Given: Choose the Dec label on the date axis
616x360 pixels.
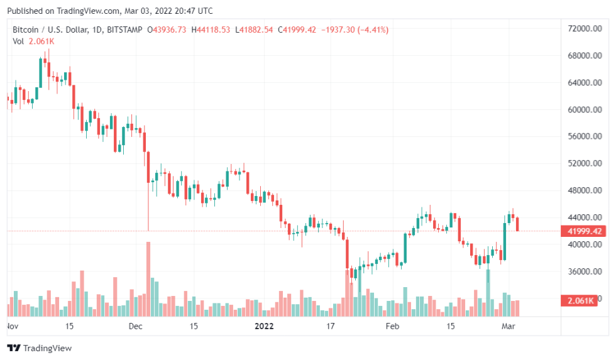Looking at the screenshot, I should pyautogui.click(x=136, y=326).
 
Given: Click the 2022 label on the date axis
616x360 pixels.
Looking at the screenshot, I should pyautogui.click(x=265, y=326).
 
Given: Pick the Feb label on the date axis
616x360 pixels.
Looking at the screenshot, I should pyautogui.click(x=392, y=326).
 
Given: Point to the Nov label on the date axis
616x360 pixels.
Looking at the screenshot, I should pyautogui.click(x=12, y=326).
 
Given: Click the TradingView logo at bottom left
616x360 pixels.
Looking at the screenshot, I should pyautogui.click(x=40, y=347).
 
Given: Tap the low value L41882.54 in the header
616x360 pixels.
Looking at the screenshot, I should pyautogui.click(x=254, y=30).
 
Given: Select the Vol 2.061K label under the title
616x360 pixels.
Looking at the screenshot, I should pyautogui.click(x=33, y=41).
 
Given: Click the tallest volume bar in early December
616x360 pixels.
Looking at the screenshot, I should pyautogui.click(x=148, y=279).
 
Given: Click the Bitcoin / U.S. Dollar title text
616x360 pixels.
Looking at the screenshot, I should pyautogui.click(x=51, y=30).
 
